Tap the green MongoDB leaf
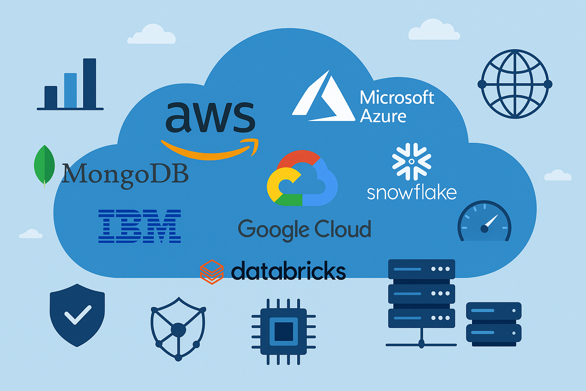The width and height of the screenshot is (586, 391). [44, 166]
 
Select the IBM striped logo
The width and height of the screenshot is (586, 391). [140, 226]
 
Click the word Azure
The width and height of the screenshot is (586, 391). [383, 116]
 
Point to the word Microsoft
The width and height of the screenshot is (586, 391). [397, 98]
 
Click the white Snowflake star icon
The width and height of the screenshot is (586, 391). [412, 161]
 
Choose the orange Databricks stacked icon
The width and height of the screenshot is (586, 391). [212, 272]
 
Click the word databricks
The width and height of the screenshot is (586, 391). [288, 271]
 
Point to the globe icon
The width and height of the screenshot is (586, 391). [515, 84]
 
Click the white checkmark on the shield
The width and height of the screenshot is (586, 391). [77, 314]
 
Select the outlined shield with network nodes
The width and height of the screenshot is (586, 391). [178, 328]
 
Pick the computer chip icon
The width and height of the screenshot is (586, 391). [283, 331]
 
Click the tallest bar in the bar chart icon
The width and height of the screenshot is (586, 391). [90, 83]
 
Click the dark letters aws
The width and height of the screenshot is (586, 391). [210, 117]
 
